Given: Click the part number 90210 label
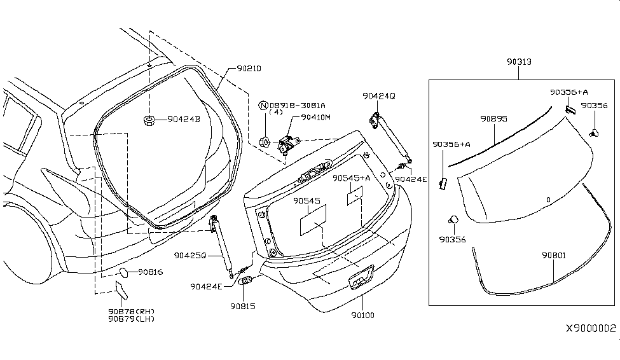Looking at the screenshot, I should (x=249, y=68).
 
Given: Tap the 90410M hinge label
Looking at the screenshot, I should (x=316, y=117).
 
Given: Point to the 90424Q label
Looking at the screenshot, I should (x=379, y=96).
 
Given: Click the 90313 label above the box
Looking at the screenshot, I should (x=519, y=62).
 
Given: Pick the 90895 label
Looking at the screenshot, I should (x=493, y=119).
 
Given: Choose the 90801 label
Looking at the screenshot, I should (x=555, y=256).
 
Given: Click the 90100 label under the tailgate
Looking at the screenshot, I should (x=363, y=314).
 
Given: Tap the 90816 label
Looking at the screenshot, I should (x=150, y=272).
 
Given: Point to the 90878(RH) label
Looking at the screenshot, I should (x=131, y=312).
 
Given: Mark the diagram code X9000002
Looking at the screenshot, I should (x=591, y=329).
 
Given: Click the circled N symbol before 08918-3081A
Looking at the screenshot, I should (x=263, y=105).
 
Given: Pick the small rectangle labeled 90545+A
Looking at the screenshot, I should (x=354, y=196).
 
